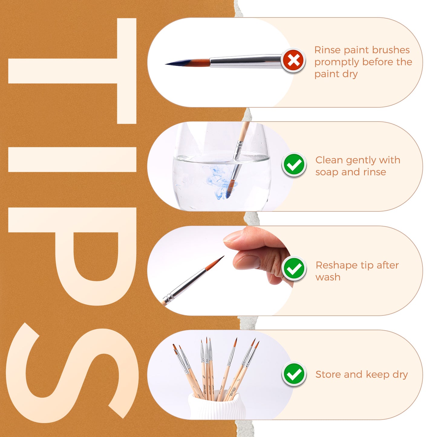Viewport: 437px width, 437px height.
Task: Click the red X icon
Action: [x=293, y=60]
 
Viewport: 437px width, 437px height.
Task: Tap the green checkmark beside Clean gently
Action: [x=294, y=165]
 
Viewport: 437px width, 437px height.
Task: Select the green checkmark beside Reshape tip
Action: [x=294, y=269]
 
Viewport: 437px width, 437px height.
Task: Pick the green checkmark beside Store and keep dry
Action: [x=294, y=374]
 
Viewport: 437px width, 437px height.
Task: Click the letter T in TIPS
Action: [x=73, y=71]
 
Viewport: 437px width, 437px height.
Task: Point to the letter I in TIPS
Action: [x=73, y=159]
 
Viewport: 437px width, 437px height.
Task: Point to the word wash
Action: [x=328, y=277]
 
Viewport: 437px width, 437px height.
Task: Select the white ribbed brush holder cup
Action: [x=217, y=407]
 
